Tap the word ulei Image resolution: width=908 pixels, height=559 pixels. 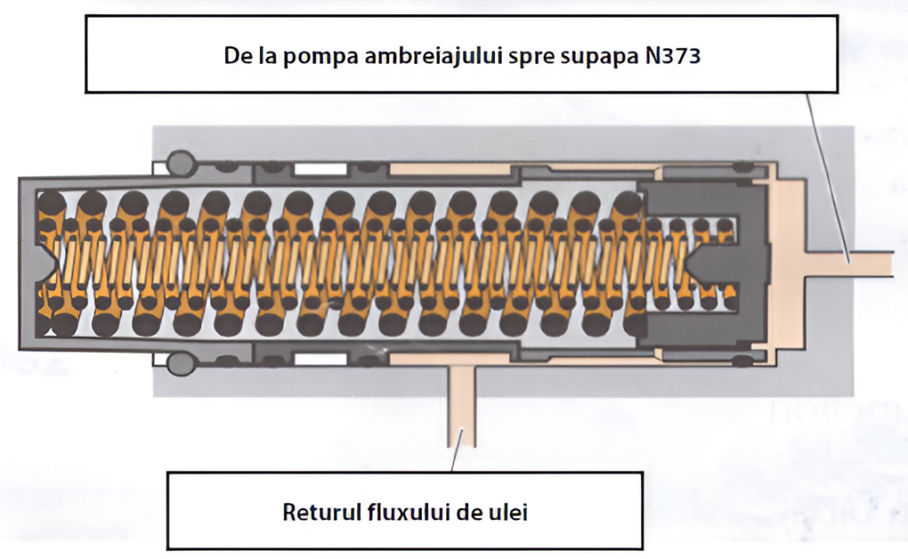(508, 511)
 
